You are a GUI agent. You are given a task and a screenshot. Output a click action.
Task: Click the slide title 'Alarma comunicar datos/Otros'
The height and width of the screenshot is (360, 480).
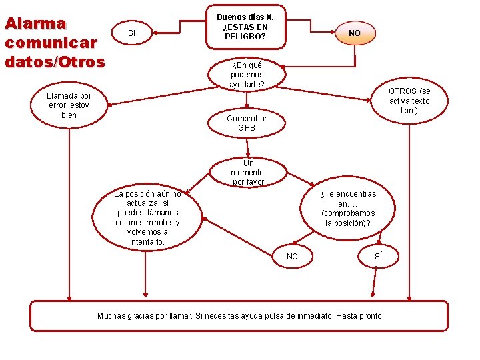point(55,43)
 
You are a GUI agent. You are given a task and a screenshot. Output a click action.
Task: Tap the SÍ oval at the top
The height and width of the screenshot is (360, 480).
point(131,33)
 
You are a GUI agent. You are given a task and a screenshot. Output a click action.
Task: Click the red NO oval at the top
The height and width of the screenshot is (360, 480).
point(355,33)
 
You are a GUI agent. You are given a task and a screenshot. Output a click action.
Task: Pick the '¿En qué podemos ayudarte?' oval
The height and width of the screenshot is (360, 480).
point(247,75)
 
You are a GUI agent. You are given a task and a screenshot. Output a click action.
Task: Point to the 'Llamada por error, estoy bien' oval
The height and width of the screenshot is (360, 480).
point(69,105)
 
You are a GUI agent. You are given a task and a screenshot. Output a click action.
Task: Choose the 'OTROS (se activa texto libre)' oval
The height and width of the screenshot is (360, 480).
point(409,101)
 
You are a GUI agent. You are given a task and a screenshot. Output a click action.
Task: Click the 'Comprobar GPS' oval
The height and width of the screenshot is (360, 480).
point(247,123)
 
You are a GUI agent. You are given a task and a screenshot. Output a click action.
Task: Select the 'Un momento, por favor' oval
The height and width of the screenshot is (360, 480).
point(249,172)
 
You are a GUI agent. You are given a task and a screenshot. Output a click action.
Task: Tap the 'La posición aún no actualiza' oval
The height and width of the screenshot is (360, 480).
point(147,218)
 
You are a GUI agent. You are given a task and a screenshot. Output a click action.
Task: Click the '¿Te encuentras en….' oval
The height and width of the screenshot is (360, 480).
point(347,209)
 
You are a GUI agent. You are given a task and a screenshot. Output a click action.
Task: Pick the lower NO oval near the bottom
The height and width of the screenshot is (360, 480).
point(292,257)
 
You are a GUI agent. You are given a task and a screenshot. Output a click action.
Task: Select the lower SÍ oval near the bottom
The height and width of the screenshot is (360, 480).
point(379,256)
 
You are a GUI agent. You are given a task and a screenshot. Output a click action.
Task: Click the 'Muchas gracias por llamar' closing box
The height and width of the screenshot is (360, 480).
point(239,315)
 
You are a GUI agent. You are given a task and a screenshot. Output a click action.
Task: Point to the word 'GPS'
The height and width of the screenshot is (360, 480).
point(247,127)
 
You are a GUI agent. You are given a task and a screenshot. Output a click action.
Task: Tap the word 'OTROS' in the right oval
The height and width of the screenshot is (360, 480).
point(403,91)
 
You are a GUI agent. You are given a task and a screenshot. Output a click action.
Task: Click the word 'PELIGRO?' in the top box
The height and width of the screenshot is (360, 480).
point(245,36)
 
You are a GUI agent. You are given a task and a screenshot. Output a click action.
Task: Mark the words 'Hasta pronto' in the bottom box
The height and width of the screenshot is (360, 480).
point(361,315)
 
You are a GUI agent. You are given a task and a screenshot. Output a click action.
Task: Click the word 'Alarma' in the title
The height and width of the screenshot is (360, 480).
point(35,23)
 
